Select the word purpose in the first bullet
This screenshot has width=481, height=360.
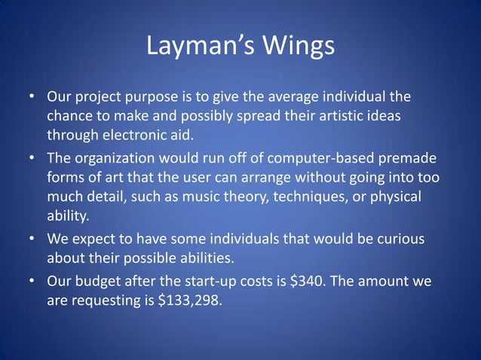pos(159,99)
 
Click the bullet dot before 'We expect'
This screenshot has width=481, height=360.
pos(33,239)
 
